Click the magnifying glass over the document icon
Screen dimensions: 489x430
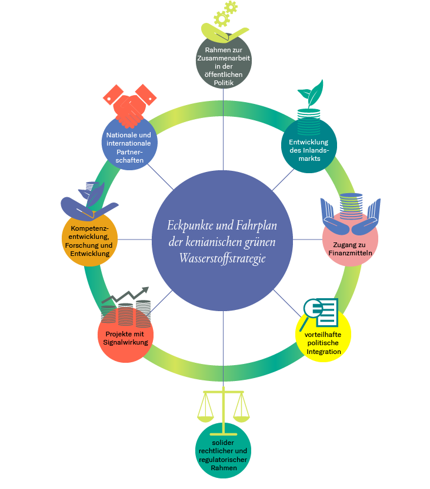311,309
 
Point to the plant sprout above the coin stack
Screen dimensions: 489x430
310,91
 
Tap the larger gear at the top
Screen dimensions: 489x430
221,19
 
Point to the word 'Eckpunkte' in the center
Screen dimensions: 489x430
189,225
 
